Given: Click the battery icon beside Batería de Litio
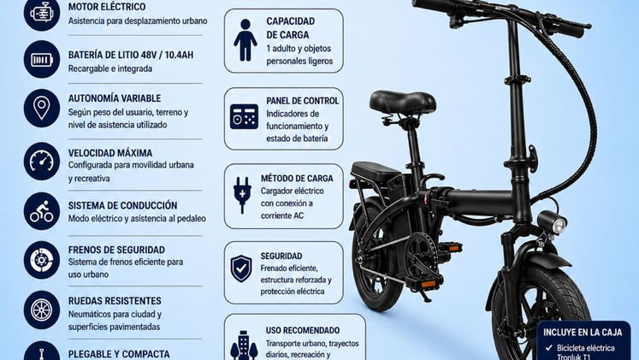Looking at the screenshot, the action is [42, 60].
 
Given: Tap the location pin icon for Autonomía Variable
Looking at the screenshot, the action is [42, 109].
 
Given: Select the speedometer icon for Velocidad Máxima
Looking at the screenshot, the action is [42, 162].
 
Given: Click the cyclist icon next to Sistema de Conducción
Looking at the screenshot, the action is [42, 211].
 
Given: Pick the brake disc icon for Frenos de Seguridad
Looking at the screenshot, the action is [42, 260].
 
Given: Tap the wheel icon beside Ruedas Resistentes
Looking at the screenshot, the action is [42, 310].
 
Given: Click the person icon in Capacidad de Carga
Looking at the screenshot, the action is [245, 40].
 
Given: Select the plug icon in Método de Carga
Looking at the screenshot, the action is [242, 195].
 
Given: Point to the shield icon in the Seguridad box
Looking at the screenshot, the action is [241, 269].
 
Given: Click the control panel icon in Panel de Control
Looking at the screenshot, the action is [244, 117].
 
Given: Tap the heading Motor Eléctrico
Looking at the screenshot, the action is [107, 7].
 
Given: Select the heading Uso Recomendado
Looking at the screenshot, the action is [303, 330].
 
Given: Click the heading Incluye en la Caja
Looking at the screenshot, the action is [583, 333].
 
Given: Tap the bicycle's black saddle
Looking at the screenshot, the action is [402, 102].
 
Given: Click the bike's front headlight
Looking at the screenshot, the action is [553, 223].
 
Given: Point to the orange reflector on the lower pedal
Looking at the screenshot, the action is [429, 284].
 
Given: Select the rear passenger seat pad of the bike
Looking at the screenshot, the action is [376, 172].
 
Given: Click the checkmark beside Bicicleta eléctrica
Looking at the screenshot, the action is [549, 348].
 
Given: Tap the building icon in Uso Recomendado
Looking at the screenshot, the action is [244, 345].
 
